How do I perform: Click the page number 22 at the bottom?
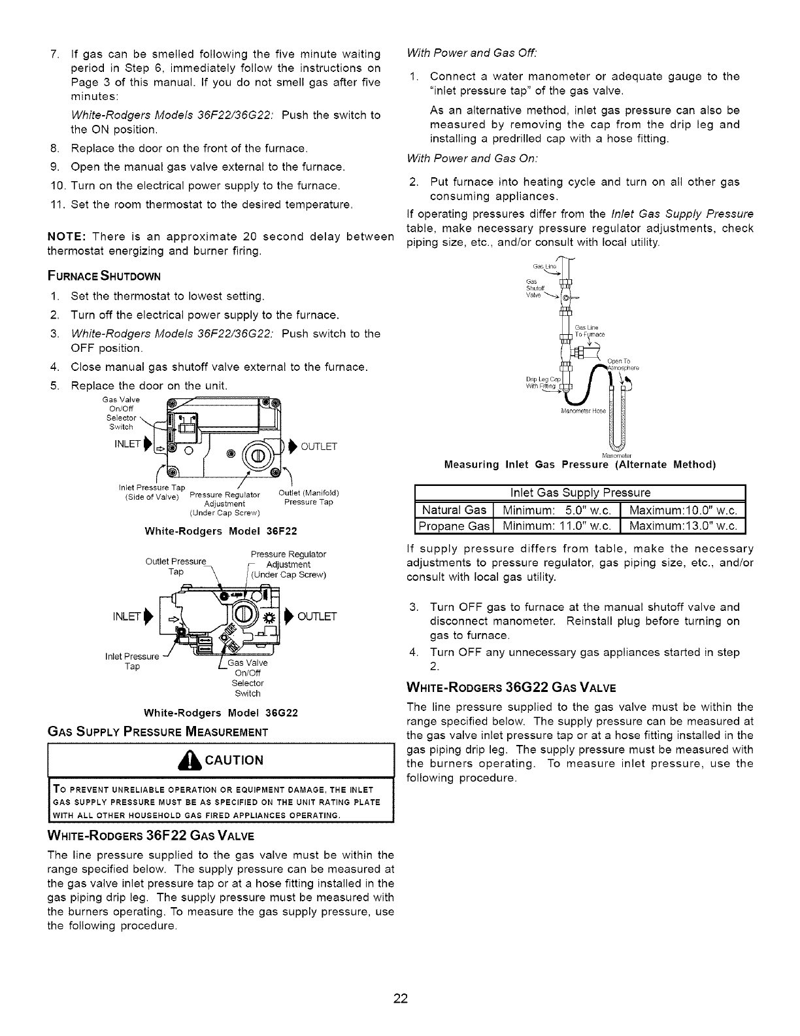coord(401,998)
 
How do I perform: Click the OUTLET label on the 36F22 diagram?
coord(319,447)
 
